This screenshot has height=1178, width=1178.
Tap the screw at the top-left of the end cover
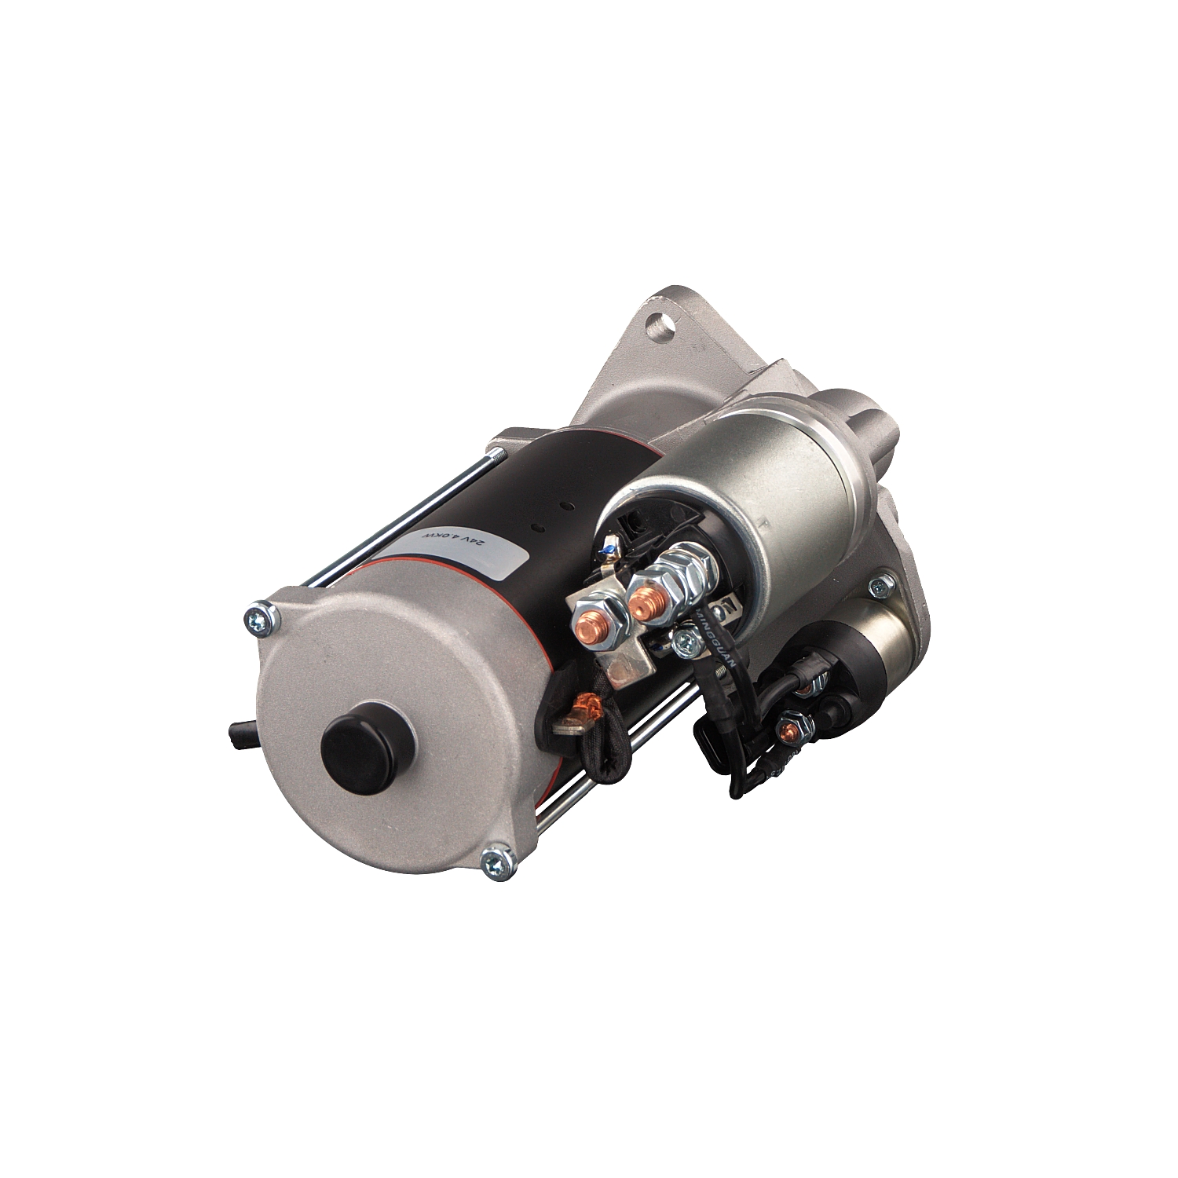[262, 619]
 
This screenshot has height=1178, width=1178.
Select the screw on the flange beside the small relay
[883, 583]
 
